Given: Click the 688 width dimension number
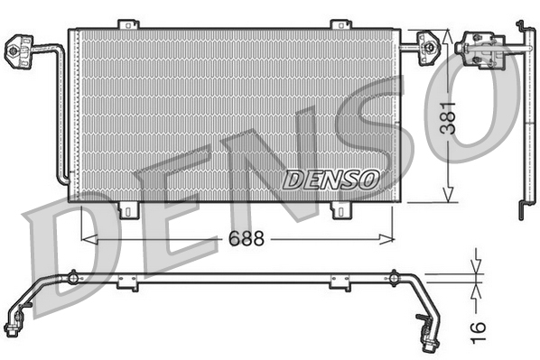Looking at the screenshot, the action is coord(247,238).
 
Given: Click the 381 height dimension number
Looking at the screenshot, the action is coord(449,117).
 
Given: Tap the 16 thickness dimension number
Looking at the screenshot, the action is coord(478,332).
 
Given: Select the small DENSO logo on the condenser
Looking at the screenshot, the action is coord(331,180).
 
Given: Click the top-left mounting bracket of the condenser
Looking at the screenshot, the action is coord(128,24).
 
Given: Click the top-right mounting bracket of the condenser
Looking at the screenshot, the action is coord(341,24).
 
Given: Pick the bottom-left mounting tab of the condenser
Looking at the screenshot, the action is coord(129,210).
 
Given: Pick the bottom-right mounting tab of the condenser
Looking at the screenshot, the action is coord(341,210).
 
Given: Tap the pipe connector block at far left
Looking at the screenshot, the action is coord(18,51).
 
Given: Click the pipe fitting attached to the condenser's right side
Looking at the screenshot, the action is coord(428,48).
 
